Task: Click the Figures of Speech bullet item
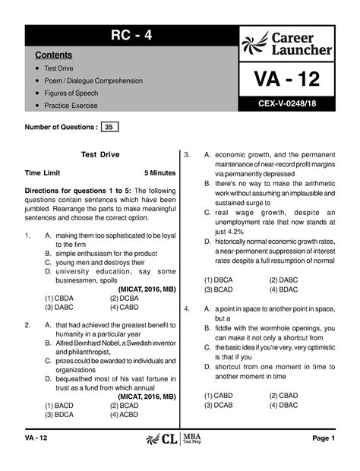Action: (71, 93)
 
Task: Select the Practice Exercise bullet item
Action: (70, 106)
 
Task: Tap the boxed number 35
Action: (110, 127)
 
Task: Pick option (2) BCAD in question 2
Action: (125, 406)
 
